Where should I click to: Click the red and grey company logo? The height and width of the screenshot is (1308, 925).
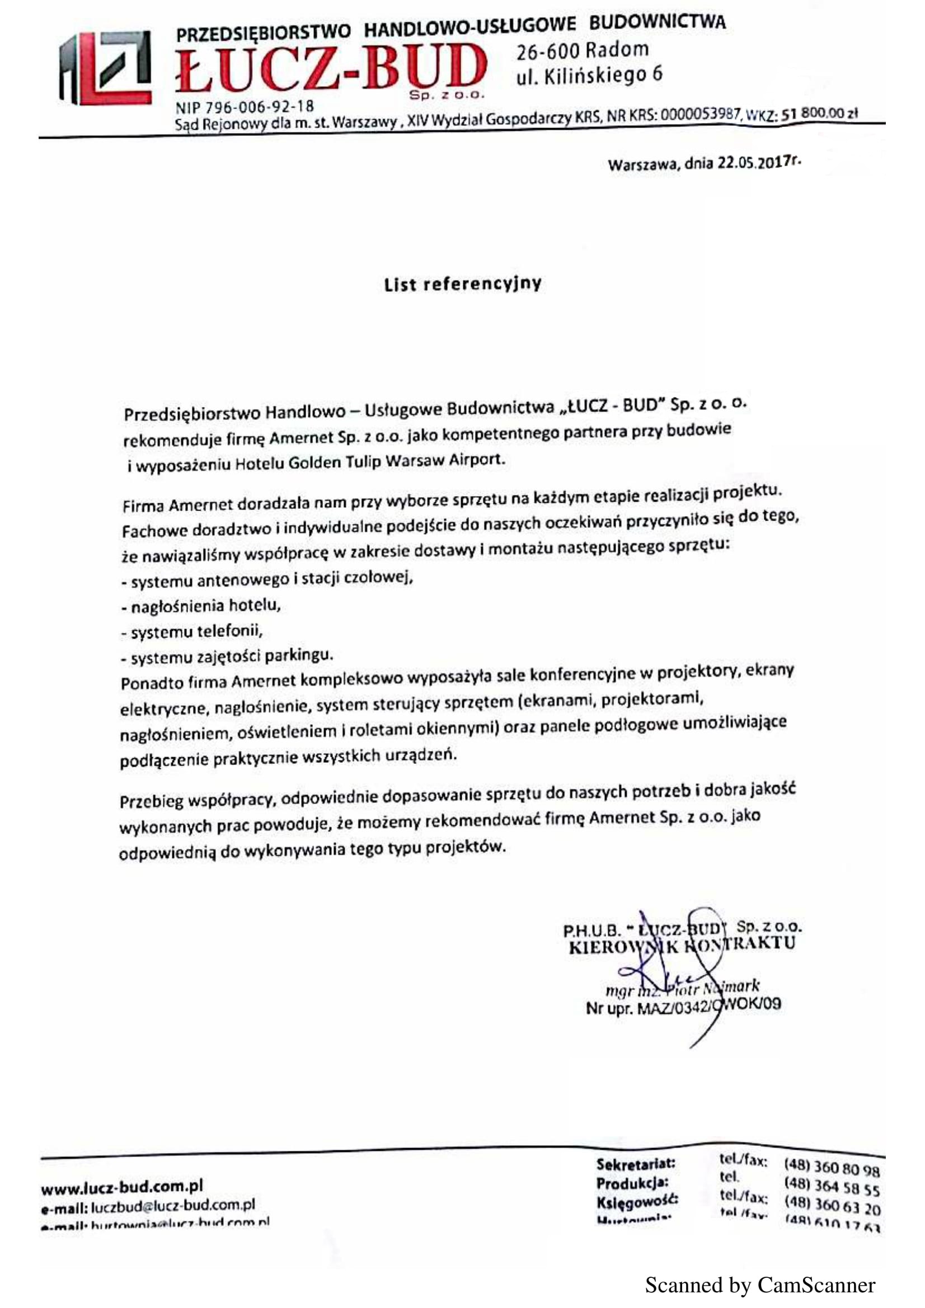(x=106, y=68)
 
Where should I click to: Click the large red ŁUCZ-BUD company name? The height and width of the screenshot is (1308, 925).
(x=331, y=69)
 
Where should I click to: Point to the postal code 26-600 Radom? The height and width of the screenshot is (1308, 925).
(x=583, y=51)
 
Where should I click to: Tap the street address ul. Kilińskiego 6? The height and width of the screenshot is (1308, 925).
(x=589, y=75)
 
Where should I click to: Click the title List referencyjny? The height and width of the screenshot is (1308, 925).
(x=462, y=284)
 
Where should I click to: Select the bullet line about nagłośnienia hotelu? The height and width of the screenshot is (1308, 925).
(x=202, y=606)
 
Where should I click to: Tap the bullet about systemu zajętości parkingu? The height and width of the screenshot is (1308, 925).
(x=227, y=657)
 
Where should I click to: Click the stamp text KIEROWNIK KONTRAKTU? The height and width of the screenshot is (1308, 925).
(x=682, y=945)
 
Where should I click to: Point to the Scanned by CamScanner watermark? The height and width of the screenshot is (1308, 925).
(x=760, y=1285)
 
